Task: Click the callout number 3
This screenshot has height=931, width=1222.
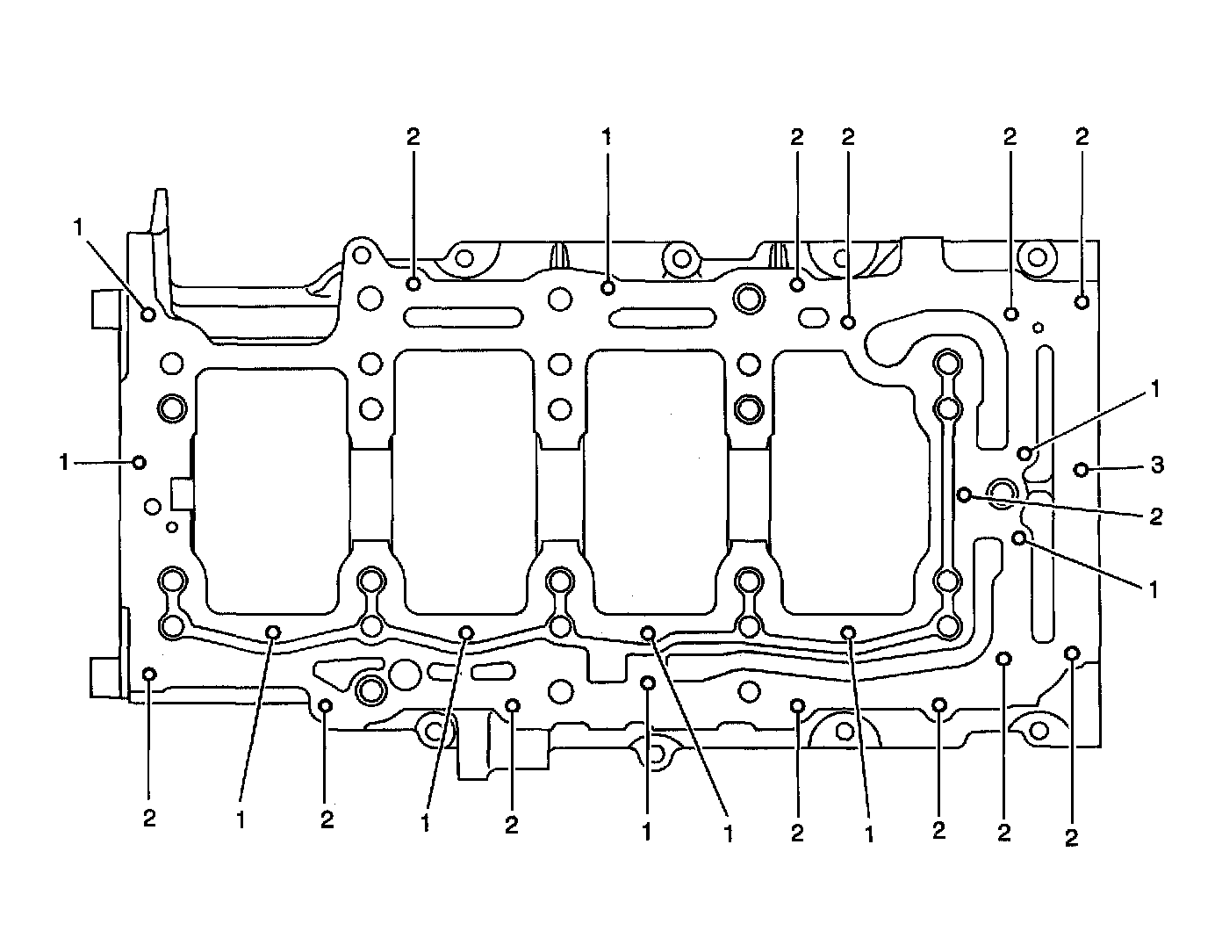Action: (1157, 465)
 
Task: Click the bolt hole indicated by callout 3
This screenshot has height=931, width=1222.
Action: (1082, 470)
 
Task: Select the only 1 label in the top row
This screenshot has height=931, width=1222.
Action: (606, 137)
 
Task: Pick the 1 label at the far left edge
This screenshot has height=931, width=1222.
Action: (64, 462)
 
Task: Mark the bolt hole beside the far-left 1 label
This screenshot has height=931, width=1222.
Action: (139, 462)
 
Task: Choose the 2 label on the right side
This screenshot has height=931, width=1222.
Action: (1155, 516)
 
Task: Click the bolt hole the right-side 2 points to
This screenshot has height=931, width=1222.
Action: (965, 495)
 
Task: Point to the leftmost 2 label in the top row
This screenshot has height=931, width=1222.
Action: (413, 137)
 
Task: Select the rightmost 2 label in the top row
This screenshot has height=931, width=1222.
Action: (1082, 137)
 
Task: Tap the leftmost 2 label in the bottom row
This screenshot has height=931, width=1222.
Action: (149, 819)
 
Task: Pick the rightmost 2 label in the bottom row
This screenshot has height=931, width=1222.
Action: (1071, 839)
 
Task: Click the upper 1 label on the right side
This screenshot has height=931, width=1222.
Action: (1155, 389)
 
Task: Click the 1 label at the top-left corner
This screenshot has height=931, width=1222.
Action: (79, 227)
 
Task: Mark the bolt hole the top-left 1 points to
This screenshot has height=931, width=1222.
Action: (148, 313)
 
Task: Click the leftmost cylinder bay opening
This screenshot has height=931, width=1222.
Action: (270, 487)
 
